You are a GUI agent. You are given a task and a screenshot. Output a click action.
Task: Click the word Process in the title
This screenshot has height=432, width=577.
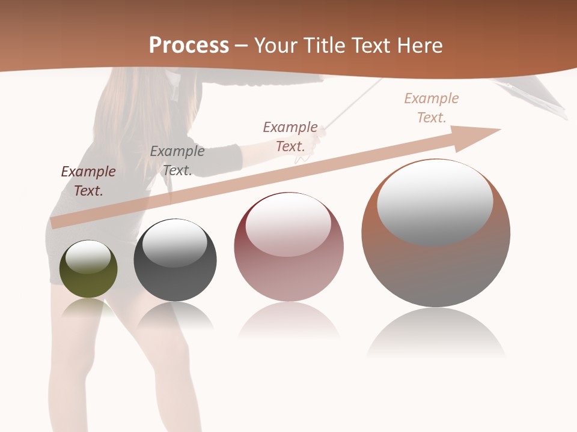pyautogui.click(x=189, y=45)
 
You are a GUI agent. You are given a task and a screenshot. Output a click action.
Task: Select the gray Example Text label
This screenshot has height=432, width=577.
pyautogui.click(x=177, y=161)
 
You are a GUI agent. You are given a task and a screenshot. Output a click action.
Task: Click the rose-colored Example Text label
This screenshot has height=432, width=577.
pyautogui.click(x=290, y=137)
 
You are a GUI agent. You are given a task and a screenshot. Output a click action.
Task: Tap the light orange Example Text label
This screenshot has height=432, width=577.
pyautogui.click(x=432, y=108)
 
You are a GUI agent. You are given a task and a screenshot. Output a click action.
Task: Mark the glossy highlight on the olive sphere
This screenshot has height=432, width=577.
pyautogui.click(x=88, y=257)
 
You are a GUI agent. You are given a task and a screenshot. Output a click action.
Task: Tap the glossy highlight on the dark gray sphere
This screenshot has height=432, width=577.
pyautogui.click(x=174, y=243)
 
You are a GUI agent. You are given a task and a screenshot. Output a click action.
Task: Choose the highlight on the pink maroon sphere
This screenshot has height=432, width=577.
pyautogui.click(x=288, y=225)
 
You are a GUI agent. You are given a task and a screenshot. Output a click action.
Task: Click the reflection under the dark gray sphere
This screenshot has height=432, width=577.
pyautogui.click(x=175, y=315)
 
